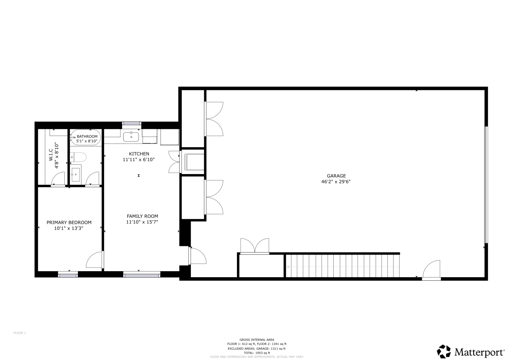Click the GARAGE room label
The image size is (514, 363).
click(336, 176)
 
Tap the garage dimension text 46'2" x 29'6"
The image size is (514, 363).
click(336, 181)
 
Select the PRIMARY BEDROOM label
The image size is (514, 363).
click(69, 223)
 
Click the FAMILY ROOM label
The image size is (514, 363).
click(142, 216)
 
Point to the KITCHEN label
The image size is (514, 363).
click(139, 154)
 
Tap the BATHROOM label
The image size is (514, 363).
click(87, 136)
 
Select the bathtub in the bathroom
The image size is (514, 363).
click(85, 138)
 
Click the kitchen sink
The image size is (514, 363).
click(131, 137)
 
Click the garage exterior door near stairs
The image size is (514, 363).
click(432, 270)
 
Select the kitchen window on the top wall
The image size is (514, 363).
click(132, 124)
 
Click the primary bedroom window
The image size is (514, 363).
click(68, 274)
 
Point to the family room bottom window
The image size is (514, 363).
click(142, 274)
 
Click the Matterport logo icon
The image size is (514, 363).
click(444, 351)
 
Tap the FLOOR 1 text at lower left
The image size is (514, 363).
click(20, 333)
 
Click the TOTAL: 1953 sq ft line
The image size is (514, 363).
click(257, 353)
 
